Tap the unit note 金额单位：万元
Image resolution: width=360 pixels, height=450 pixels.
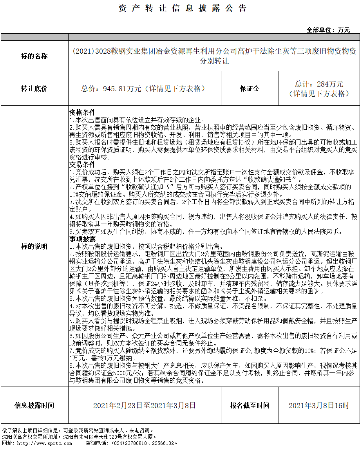tap(328, 30)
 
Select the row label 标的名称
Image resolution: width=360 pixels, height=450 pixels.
tap(34, 56)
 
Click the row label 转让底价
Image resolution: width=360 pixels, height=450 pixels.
tap(34, 89)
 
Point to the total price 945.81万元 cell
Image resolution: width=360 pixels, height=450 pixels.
tap(143, 89)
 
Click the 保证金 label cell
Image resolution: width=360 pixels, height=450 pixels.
tap(250, 89)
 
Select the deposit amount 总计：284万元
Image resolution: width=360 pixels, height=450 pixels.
tap(319, 84)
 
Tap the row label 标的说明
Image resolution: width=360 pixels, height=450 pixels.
tap(34, 246)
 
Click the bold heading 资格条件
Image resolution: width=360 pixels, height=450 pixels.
tap(82, 112)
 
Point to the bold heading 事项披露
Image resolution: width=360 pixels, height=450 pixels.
tap(82, 239)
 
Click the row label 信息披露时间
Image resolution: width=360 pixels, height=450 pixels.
tap(34, 405)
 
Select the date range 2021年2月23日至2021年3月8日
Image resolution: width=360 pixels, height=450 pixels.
tap(145, 405)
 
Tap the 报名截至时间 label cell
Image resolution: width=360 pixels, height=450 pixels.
tap(250, 405)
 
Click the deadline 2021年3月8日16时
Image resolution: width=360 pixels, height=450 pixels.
tap(319, 405)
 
